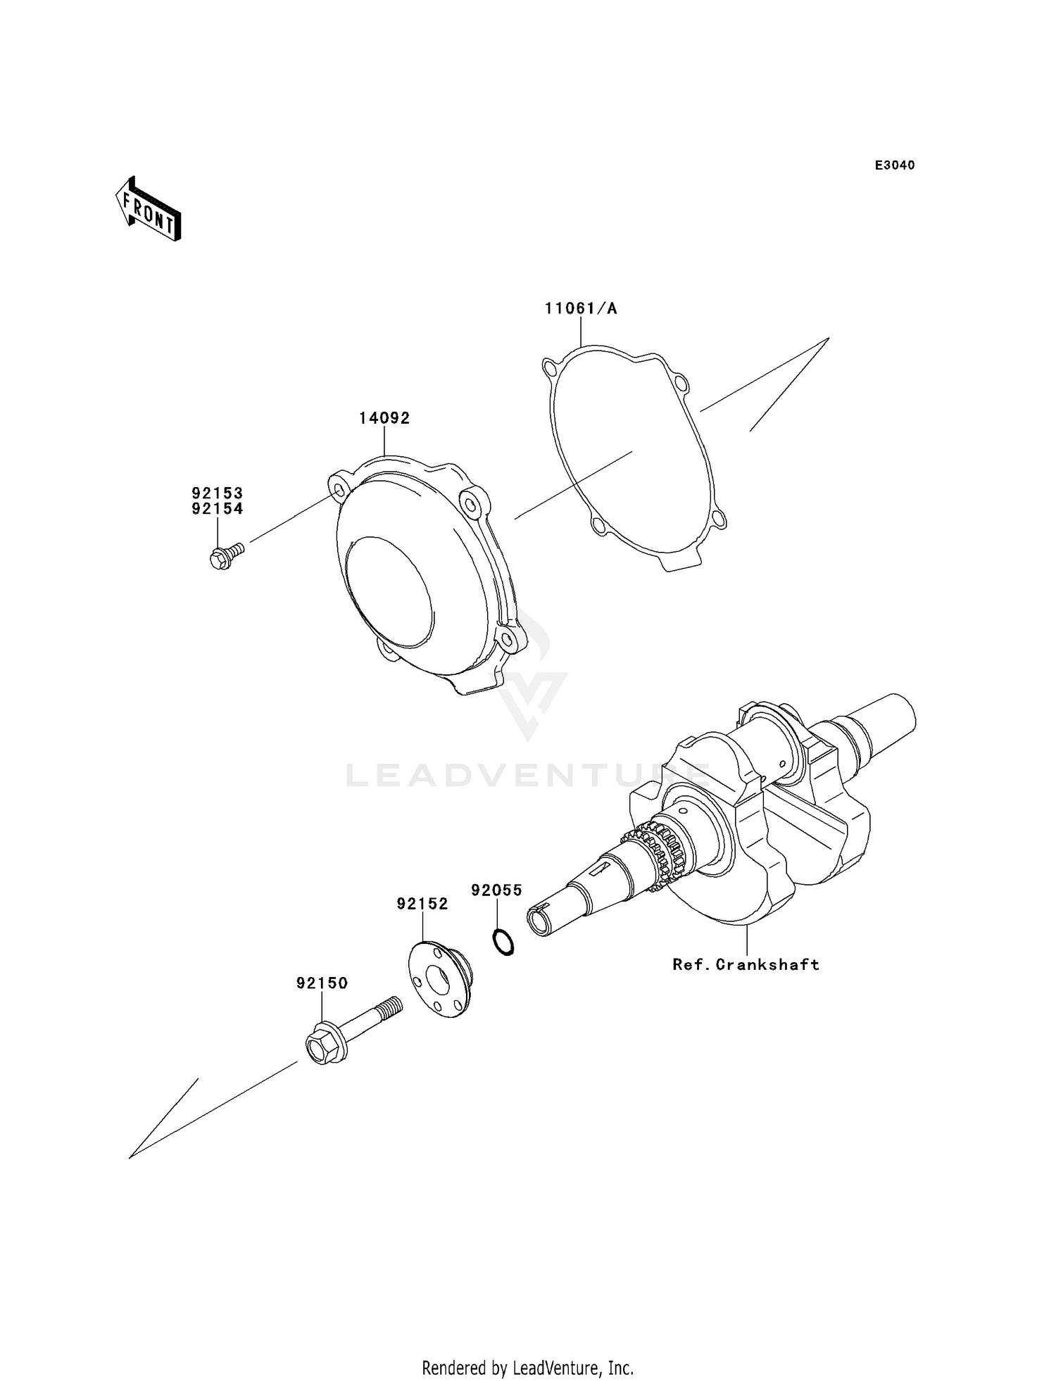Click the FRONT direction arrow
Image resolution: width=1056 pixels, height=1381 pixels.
[x=148, y=210]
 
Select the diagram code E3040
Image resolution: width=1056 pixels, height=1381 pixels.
[x=895, y=165]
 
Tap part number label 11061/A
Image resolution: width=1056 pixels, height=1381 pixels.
[x=580, y=308]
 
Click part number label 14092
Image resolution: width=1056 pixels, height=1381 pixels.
[x=384, y=418]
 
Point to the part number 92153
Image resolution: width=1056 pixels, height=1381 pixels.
[x=217, y=493]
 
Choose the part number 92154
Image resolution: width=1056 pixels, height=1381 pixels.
[x=217, y=509]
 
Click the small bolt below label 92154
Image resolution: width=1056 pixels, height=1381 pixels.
[x=225, y=557]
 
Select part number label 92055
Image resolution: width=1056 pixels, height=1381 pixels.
[x=496, y=890]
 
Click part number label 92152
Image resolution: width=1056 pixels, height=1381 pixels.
[x=422, y=904]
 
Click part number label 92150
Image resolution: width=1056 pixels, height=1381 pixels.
[x=322, y=983]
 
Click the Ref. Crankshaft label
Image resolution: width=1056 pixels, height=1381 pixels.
[x=746, y=964]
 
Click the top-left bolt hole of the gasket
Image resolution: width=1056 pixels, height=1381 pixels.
[x=551, y=367]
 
